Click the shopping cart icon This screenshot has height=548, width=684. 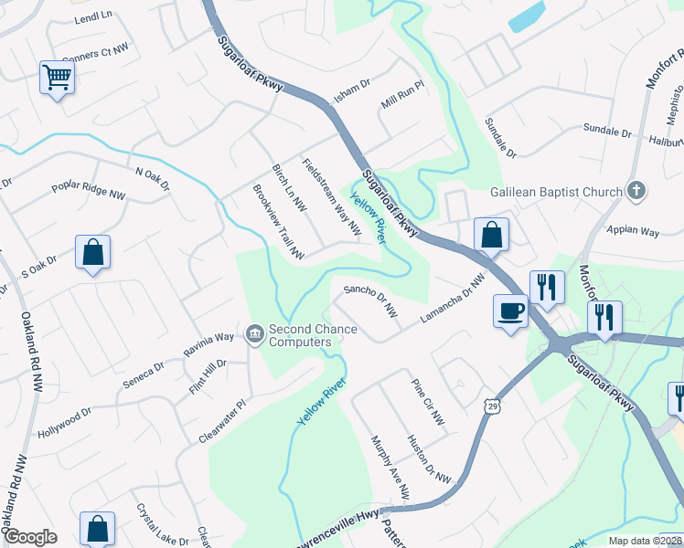point(57,78)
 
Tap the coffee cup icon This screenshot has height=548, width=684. point(510,311)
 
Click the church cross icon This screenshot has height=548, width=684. point(637,191)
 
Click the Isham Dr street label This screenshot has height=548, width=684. point(350,89)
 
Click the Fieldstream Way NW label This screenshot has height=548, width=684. point(331,194)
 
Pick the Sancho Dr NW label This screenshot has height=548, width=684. point(370,301)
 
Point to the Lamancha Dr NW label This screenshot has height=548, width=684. point(451,300)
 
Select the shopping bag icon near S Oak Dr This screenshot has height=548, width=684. point(93,253)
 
